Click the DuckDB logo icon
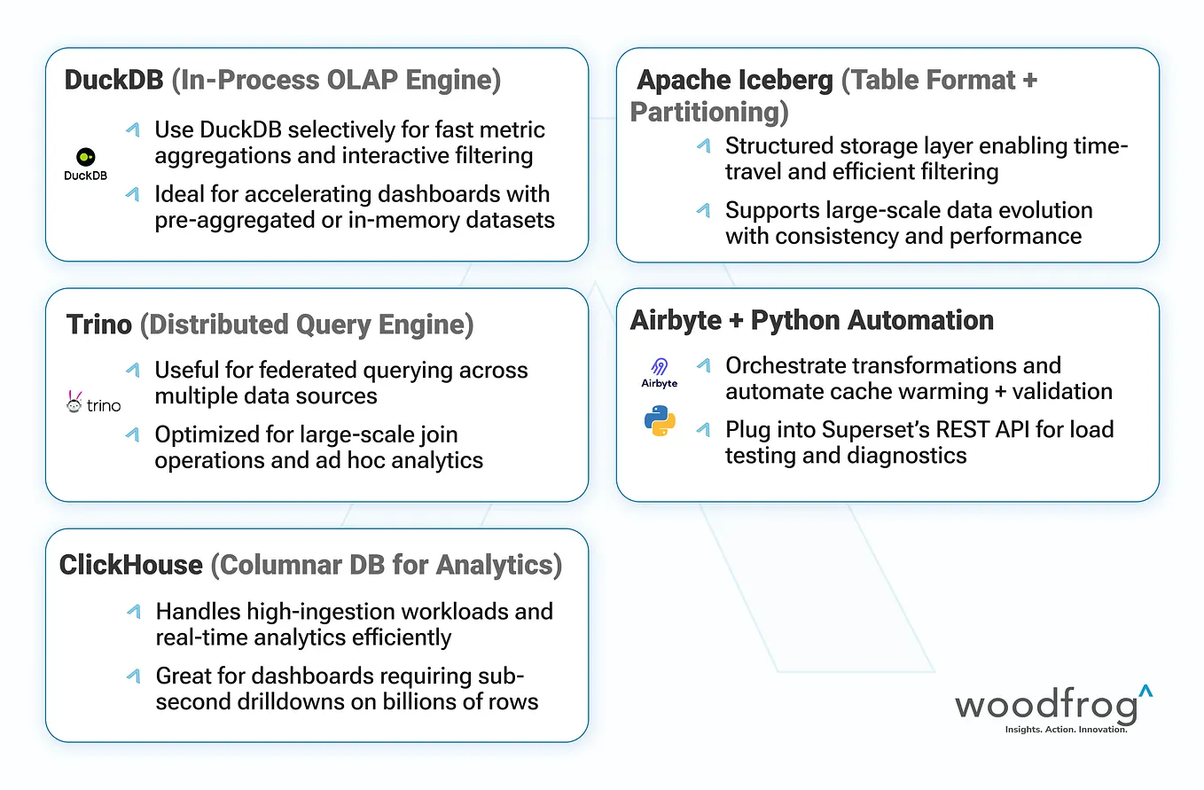(85, 157)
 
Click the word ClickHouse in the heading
(131, 565)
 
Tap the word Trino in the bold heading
(99, 325)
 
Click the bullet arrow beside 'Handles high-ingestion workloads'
(133, 611)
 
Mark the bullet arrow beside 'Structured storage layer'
(703, 145)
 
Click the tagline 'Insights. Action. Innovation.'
(1065, 729)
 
